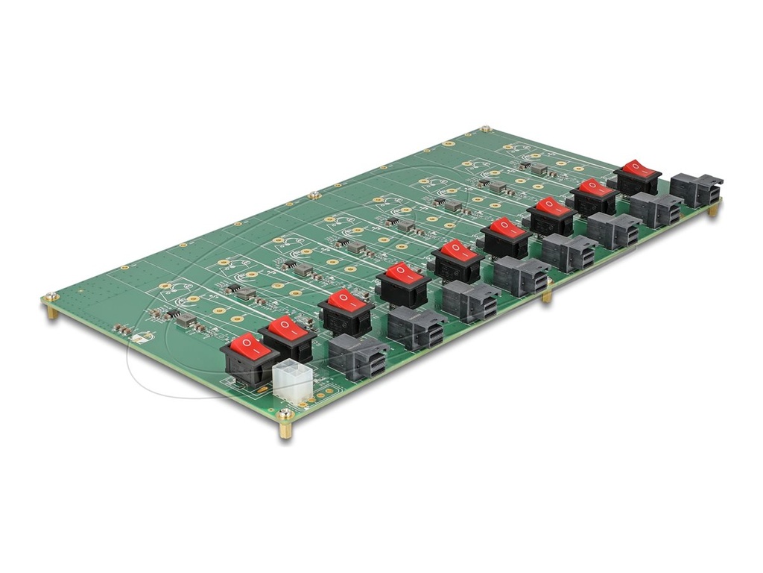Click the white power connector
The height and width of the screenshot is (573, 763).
[293, 379]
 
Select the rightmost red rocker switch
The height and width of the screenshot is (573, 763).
[637, 176]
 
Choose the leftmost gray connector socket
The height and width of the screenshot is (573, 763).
[357, 355]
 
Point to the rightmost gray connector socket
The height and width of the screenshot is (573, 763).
[696, 190]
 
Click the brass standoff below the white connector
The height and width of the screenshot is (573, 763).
[285, 430]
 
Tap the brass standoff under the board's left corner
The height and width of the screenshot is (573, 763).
[52, 312]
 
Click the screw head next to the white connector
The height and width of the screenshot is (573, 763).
[285, 413]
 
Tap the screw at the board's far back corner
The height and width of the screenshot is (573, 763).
[486, 130]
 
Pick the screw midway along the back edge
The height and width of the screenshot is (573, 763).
[315, 195]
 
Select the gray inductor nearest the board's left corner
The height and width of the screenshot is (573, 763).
[186, 321]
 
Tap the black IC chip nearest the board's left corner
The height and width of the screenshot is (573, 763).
[173, 313]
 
